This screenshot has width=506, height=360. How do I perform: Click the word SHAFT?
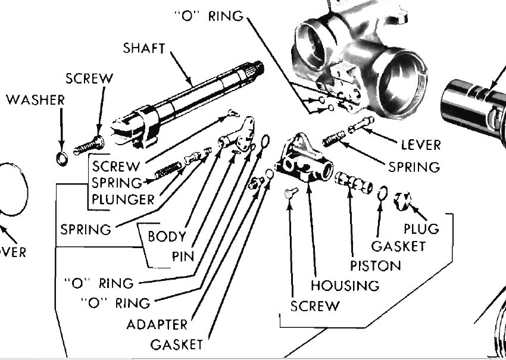(143, 48)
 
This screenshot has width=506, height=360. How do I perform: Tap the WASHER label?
(35, 100)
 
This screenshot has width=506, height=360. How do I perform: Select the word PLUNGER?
(123, 199)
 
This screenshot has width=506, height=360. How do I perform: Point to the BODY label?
(167, 236)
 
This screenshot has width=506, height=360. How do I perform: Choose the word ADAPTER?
(157, 324)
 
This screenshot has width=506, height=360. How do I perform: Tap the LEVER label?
(420, 145)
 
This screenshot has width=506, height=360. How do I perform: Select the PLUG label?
(421, 228)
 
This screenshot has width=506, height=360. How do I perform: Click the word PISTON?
(375, 264)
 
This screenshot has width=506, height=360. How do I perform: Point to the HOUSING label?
(345, 285)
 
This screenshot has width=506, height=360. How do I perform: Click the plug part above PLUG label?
(402, 201)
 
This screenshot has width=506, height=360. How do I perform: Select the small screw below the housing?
(289, 194)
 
